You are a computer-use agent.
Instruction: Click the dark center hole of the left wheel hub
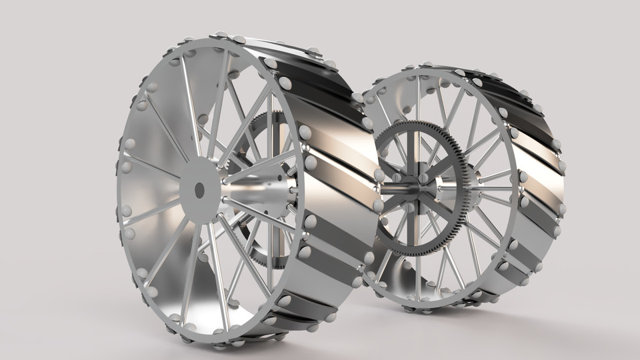[199, 190]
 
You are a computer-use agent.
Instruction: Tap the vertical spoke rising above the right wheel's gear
[419, 100]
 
